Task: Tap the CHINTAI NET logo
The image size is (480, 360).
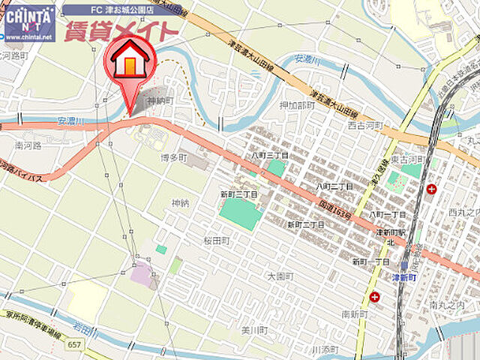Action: click(x=29, y=23)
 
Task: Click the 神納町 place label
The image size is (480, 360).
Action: click(x=160, y=100)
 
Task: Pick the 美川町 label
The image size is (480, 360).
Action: click(x=254, y=330)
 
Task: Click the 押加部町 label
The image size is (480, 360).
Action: click(x=297, y=106)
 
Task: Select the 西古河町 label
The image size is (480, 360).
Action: click(x=365, y=124)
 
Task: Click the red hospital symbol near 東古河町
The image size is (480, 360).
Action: click(x=431, y=189)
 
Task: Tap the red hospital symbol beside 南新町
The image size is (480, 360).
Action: click(x=374, y=297)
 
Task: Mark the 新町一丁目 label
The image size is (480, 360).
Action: click(x=370, y=262)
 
